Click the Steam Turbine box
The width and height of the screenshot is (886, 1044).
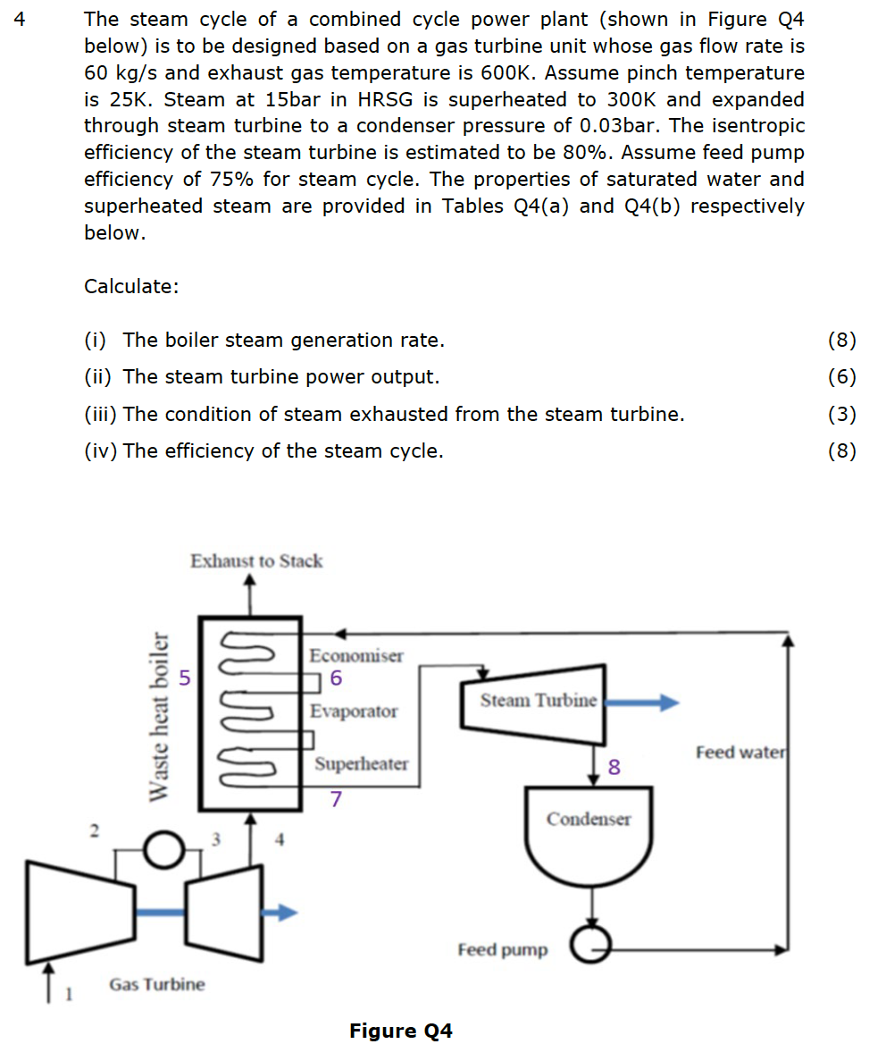536,702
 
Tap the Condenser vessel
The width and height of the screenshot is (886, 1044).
588,827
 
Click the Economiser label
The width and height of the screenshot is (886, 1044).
355,655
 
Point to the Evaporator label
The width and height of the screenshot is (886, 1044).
354,711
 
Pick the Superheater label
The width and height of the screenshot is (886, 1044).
361,764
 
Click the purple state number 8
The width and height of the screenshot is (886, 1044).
613,767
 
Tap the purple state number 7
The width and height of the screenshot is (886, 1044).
336,799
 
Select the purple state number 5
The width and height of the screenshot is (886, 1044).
185,678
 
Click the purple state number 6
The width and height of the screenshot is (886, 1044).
336,678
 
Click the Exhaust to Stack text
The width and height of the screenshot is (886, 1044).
256,561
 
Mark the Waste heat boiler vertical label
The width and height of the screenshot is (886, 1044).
158,716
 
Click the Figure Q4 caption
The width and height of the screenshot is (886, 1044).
401,1031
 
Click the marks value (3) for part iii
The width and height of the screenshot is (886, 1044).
841,414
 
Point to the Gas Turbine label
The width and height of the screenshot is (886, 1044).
156,984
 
